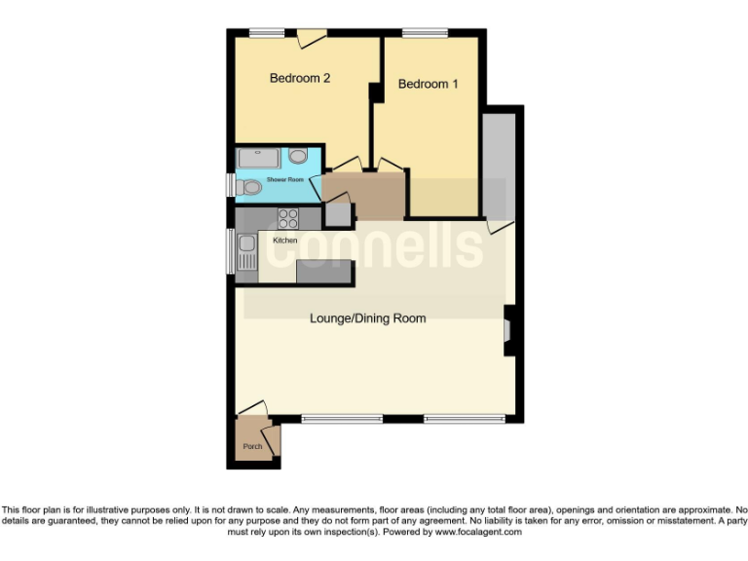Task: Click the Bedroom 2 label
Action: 300,78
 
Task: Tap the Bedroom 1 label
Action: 429,84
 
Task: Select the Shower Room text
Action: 285,180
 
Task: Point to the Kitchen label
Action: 284,240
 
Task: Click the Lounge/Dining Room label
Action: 367,318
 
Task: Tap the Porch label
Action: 252,446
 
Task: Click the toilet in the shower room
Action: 251,186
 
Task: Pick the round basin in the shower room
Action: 298,156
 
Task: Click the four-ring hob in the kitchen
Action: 288,217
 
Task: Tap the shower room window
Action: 231,185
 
